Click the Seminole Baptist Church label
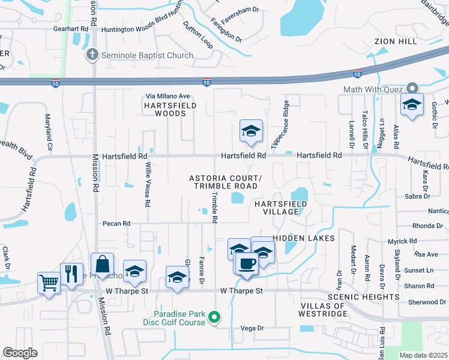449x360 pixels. tap(146, 56)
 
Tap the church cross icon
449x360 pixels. tap(91, 55)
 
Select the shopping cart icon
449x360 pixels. tap(49, 281)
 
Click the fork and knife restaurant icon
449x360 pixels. tap(71, 274)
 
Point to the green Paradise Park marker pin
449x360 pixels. tap(218, 317)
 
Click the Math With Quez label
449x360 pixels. tap(370, 89)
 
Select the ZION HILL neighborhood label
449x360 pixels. tap(395, 41)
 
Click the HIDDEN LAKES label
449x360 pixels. tap(304, 238)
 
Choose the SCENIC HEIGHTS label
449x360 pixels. tap(364, 297)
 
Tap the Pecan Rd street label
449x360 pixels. tap(116, 224)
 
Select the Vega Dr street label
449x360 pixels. tap(252, 328)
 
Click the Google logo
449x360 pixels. tap(20, 353)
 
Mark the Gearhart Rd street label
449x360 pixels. tap(71, 29)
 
